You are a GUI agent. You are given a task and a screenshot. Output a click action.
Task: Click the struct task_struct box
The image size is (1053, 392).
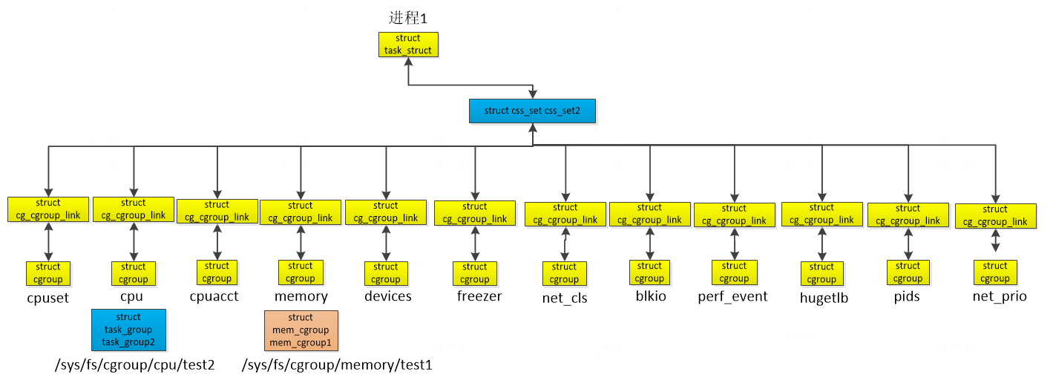click(x=407, y=45)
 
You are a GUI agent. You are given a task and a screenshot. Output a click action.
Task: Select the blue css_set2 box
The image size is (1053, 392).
click(x=532, y=111)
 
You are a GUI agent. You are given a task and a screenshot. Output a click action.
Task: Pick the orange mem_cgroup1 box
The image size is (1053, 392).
click(x=301, y=330)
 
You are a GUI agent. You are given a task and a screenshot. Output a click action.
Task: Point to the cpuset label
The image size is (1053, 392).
click(x=47, y=297)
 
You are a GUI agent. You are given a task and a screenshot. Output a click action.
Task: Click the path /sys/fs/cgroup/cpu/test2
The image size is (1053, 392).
click(x=134, y=365)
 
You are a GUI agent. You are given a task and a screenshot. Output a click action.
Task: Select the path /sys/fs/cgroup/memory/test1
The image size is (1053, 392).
click(x=337, y=365)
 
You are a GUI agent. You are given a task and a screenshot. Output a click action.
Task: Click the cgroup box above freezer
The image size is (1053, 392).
click(x=475, y=273)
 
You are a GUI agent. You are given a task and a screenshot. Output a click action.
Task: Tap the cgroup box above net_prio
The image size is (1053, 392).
click(x=995, y=272)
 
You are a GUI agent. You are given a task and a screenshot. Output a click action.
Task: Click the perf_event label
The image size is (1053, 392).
click(x=732, y=297)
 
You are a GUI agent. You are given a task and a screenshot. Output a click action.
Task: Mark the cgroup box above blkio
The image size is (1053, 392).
click(x=649, y=272)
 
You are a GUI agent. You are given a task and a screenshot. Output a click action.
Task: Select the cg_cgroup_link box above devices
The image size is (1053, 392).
click(x=386, y=212)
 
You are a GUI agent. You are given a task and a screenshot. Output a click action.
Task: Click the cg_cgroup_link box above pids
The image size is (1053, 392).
click(x=908, y=215)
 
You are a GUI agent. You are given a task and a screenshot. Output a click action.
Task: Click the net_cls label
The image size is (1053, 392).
click(x=565, y=298)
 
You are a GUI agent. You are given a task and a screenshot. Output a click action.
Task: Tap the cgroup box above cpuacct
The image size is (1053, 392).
click(x=217, y=272)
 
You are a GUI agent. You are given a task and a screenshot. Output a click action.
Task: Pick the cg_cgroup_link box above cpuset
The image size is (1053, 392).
click(x=48, y=209)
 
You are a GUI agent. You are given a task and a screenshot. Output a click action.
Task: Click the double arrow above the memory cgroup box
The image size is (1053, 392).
click(x=301, y=242)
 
